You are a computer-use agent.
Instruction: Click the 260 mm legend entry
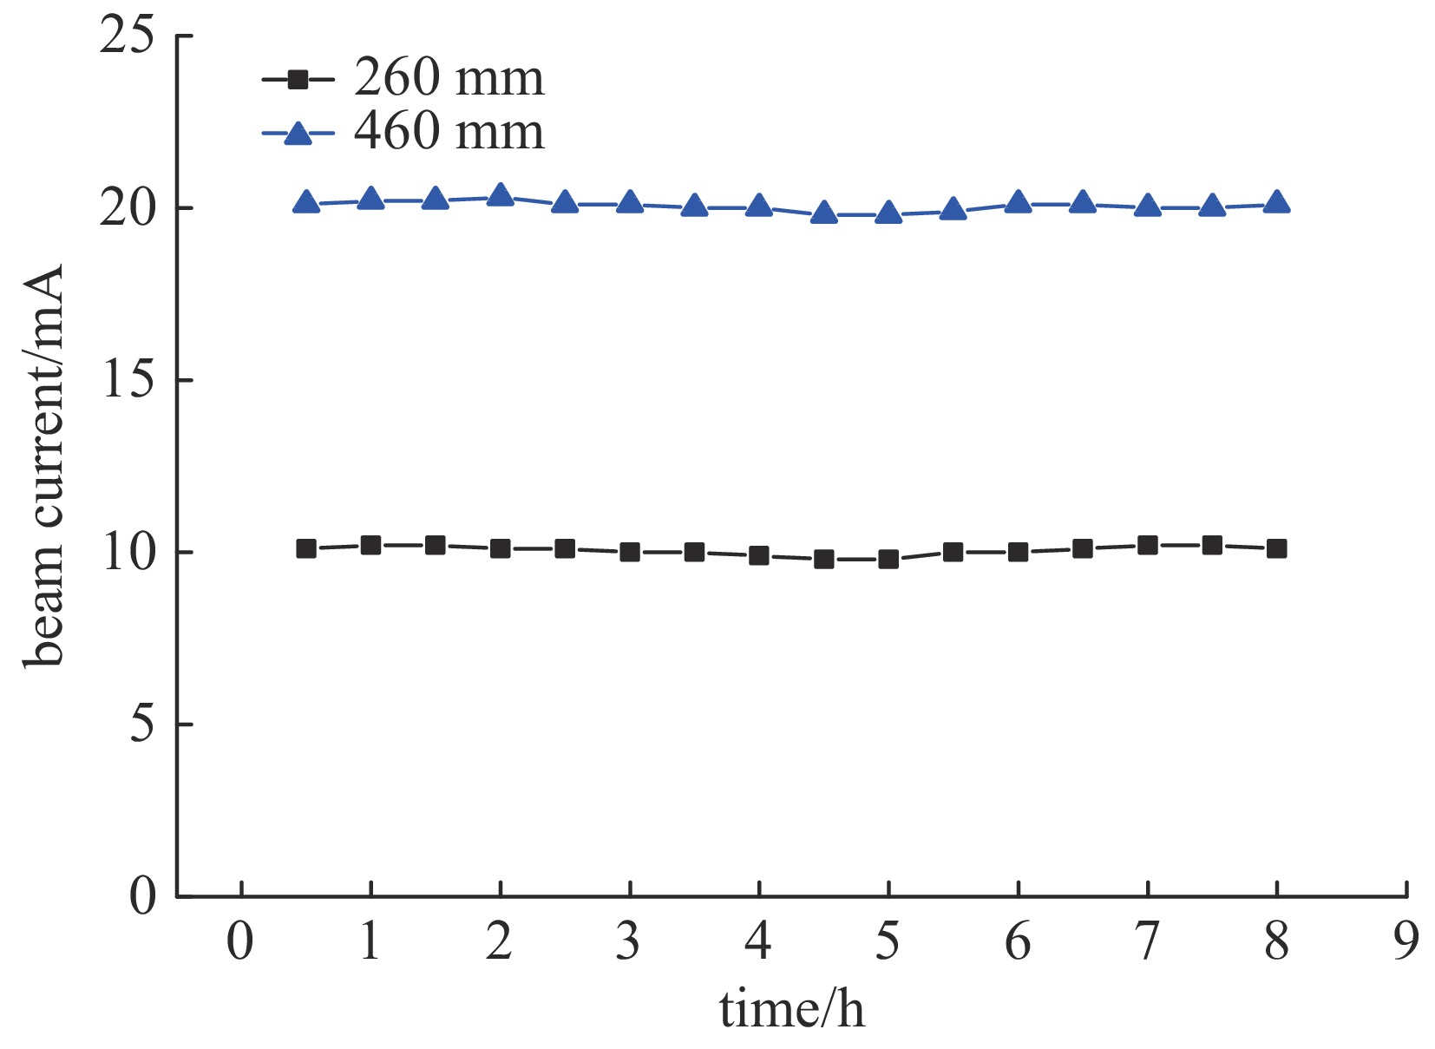pos(404,79)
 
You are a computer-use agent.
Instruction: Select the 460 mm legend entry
pos(404,133)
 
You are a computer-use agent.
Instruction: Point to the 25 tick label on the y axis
pos(127,36)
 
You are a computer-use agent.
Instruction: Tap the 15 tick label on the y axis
pos(127,380)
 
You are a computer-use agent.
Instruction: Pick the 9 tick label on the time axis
pos(1406,941)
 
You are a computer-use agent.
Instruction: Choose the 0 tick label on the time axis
pos(240,941)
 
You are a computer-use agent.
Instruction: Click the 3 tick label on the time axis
pos(629,941)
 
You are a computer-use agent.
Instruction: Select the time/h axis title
pos(791,1010)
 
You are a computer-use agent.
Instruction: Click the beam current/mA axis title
pos(43,466)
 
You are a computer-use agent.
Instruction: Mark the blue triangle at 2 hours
pos(500,196)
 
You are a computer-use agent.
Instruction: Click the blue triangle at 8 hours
pos(1276,203)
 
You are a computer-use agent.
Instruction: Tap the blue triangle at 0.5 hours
pos(306,203)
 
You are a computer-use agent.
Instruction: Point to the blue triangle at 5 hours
pos(888,213)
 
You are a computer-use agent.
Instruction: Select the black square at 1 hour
pos(370,546)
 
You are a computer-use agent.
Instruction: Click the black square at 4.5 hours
pos(823,560)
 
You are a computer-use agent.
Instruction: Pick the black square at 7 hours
pos(1147,546)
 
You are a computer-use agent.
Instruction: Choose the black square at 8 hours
pos(1276,549)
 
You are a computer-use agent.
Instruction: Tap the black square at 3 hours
pos(629,553)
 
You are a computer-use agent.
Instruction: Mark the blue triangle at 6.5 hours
pos(1082,203)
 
